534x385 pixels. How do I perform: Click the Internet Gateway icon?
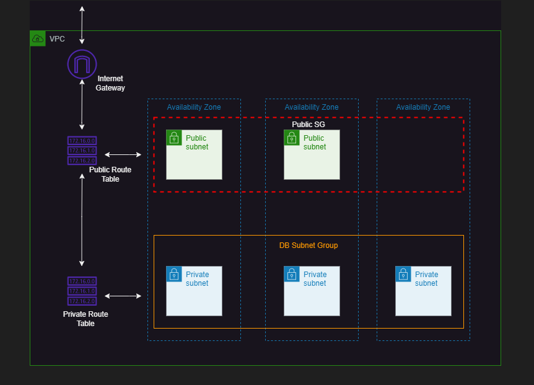point(82,64)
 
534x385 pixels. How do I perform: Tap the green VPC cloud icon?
point(38,38)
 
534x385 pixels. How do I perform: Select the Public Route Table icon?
point(82,151)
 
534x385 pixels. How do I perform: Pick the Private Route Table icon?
point(82,291)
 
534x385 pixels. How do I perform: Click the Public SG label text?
point(309,125)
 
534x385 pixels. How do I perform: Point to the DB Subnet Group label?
point(309,246)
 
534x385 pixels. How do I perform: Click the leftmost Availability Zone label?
point(194,107)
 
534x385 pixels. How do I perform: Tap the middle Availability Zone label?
point(312,107)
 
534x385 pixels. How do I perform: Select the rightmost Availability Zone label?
point(423,107)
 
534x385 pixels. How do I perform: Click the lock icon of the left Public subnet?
point(174,138)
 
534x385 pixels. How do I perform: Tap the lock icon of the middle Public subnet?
point(292,138)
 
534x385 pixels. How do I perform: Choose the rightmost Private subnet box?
point(423,291)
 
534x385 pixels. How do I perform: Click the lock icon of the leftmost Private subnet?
point(174,274)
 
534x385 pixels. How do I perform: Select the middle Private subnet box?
point(312,291)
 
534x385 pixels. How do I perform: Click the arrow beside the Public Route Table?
point(123,154)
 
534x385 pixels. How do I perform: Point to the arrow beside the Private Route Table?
point(123,296)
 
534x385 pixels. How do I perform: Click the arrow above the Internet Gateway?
point(82,25)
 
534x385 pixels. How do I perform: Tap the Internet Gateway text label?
point(110,83)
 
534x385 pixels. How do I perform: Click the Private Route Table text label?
point(85,319)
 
